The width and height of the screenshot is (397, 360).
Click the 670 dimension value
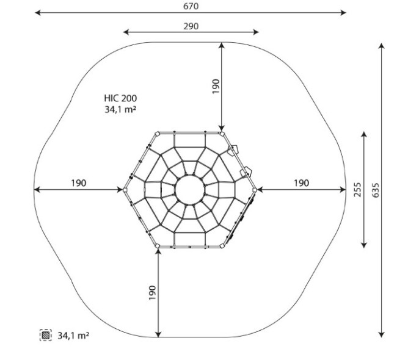coord(191,6)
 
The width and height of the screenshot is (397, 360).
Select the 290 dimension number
coord(191,26)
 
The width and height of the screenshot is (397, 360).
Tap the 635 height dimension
coord(376,190)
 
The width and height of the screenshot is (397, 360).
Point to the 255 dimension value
coord(357,190)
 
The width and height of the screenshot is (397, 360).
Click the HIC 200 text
coord(120,98)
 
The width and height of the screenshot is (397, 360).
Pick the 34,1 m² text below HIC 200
coord(120,109)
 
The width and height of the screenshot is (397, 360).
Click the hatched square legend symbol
coord(46,335)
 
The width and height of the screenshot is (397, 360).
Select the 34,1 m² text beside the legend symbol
coord(73,336)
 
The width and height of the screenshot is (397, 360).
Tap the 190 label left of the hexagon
coord(79,183)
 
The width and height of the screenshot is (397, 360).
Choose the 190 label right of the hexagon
coord(301,183)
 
